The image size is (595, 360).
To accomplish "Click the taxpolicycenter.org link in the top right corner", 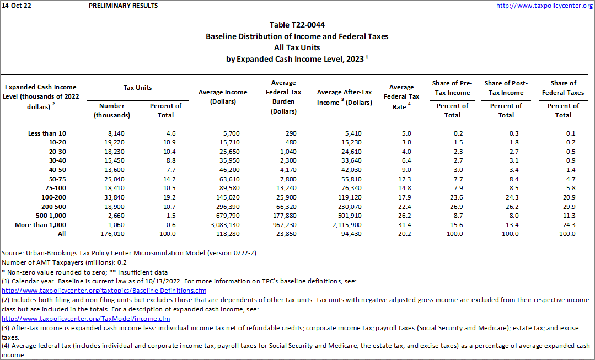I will pyautogui.click(x=544, y=6).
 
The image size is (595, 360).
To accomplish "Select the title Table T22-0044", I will pyautogui.click(x=297, y=25).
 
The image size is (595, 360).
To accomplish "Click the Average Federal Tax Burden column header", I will pyautogui.click(x=283, y=97).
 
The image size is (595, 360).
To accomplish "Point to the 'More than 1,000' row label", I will pyautogui.click(x=47, y=224).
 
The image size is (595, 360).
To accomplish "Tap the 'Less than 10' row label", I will pyautogui.click(x=47, y=133).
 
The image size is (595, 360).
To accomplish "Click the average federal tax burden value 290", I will pyautogui.click(x=291, y=133).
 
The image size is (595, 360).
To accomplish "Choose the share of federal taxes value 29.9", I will pyautogui.click(x=567, y=206).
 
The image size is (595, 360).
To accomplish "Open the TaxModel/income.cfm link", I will pyautogui.click(x=85, y=318).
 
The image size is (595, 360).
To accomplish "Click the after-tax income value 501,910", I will pyautogui.click(x=359, y=216).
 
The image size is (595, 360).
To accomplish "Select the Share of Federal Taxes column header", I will pyautogui.click(x=563, y=88).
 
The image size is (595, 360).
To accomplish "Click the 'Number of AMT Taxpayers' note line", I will pyautogui.click(x=63, y=262).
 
